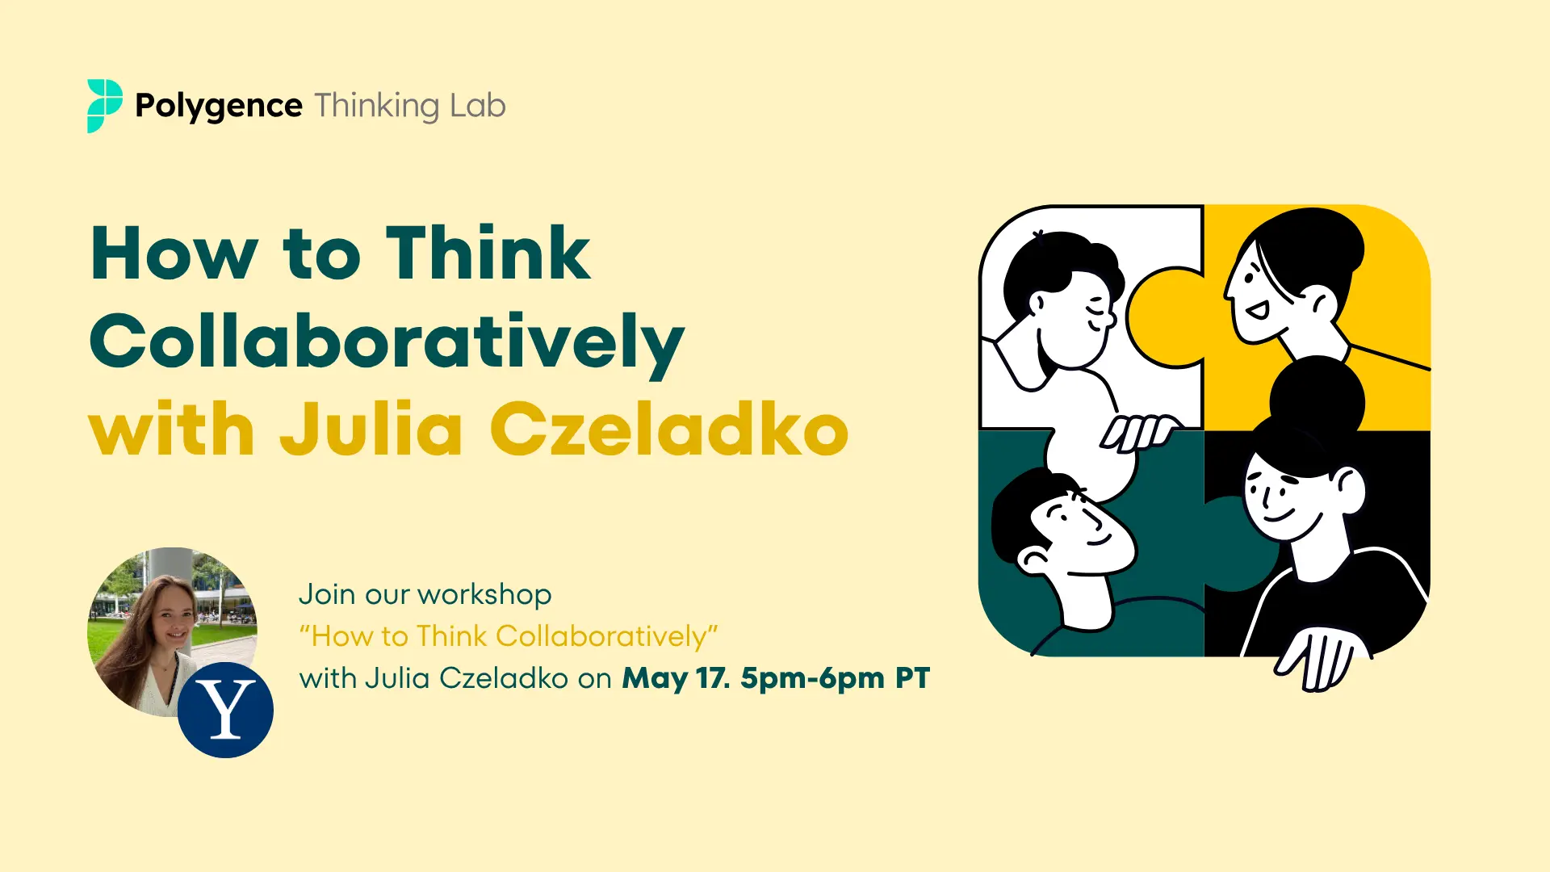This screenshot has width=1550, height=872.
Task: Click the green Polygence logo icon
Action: pyautogui.click(x=105, y=106)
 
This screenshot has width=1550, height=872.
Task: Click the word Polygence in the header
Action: pyautogui.click(x=219, y=107)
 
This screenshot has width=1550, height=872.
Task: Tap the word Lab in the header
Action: pyautogui.click(x=478, y=106)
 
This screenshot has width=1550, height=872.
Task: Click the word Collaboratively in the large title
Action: pyautogui.click(x=387, y=344)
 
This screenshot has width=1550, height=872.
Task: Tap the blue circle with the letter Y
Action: pyautogui.click(x=226, y=710)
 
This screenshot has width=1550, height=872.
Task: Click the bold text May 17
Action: pyautogui.click(x=676, y=679)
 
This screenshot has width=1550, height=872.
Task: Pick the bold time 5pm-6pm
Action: pyautogui.click(x=813, y=679)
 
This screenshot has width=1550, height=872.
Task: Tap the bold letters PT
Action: pyautogui.click(x=913, y=678)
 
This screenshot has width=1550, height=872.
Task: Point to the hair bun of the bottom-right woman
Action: pyautogui.click(x=1317, y=398)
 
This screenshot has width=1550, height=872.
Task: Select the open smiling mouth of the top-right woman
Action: pyautogui.click(x=1256, y=309)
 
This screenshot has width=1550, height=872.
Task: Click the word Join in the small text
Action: pyautogui.click(x=327, y=595)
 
